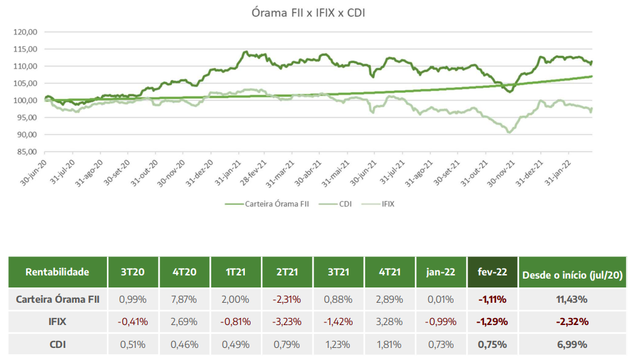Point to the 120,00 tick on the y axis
[x=26, y=32]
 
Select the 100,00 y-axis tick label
[x=26, y=100]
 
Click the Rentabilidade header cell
[x=57, y=272]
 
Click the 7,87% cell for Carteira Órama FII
[x=184, y=299]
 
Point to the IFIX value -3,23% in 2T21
[x=287, y=322]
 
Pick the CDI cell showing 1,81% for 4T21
[x=389, y=345]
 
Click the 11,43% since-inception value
[x=572, y=299]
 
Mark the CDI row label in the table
[x=57, y=345]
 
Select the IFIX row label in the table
[x=57, y=322]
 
